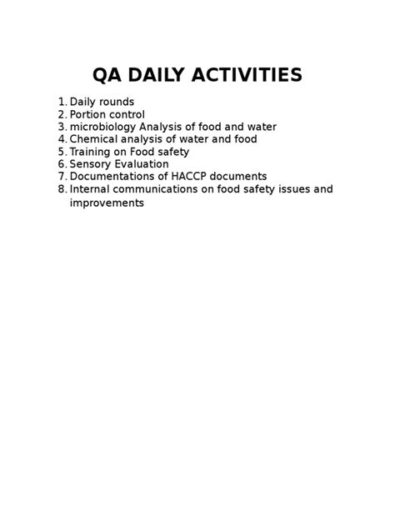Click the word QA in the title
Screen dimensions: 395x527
coord(111,76)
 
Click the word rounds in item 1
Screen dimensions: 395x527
coord(116,102)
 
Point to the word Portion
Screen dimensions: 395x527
coord(89,114)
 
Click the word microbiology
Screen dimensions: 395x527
coord(102,127)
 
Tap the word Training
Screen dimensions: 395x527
coord(92,152)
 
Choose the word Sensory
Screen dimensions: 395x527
coord(91,164)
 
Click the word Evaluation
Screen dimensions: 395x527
coord(142,164)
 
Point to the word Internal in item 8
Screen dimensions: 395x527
coord(91,189)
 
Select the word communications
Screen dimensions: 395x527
coord(157,189)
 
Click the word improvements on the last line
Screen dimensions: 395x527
coord(107,203)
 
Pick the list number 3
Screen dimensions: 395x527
coord(62,127)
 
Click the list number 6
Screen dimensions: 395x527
coord(62,164)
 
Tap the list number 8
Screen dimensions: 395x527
coord(62,189)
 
